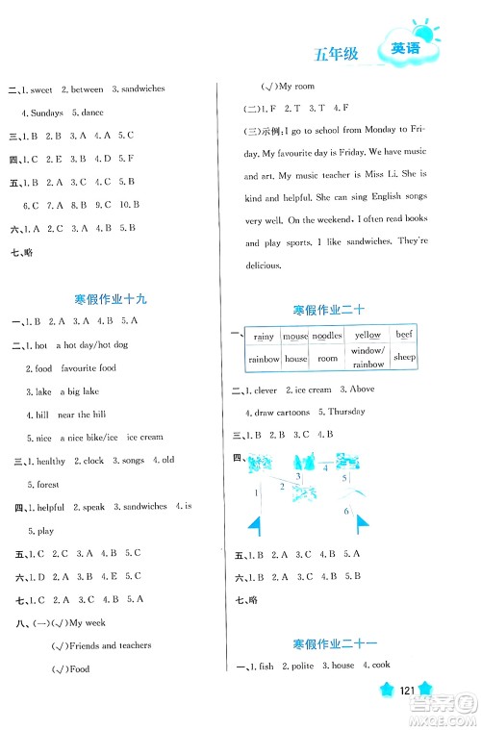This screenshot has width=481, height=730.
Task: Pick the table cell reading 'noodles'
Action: tap(327, 336)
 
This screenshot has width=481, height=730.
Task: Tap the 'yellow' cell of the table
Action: tap(367, 336)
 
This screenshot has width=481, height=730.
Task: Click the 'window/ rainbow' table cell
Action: tap(367, 358)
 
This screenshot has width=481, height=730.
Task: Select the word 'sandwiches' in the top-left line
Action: tap(139, 88)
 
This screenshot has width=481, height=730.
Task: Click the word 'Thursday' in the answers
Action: tap(346, 411)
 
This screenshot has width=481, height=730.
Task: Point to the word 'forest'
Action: tap(44, 484)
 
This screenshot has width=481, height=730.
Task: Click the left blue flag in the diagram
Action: tap(255, 525)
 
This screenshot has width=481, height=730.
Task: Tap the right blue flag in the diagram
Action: tap(364, 525)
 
